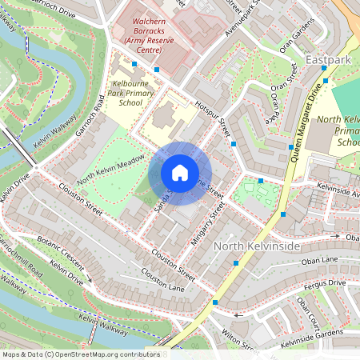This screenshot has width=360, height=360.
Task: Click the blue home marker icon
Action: pos(180,173)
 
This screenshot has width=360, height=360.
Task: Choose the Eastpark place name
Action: pos(328,60)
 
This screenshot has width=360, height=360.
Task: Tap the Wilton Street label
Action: pos(236,336)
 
